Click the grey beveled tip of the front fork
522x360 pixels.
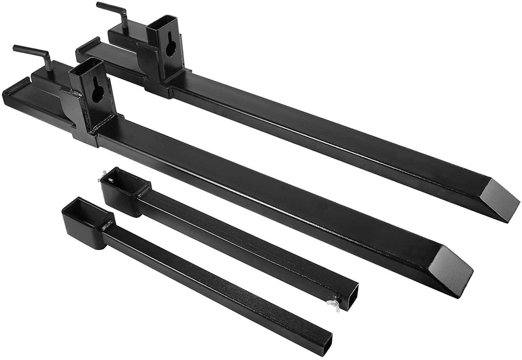coord(452,266)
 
